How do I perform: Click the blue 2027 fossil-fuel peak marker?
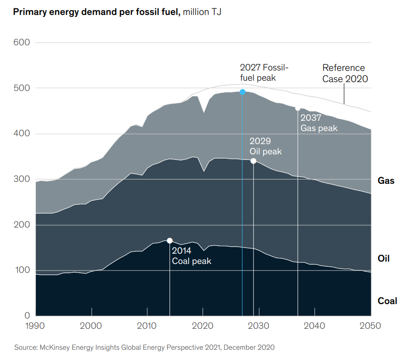pos(242,92)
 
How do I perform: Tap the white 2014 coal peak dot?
pos(170,241)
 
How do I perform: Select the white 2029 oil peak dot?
pos(253,161)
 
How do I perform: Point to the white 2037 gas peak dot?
pos(298,108)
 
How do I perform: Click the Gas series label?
pos(386,180)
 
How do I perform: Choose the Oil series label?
pos(383,258)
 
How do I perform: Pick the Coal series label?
pos(387,301)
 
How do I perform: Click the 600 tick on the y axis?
pos(20,42)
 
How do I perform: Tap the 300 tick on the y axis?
pos(20,179)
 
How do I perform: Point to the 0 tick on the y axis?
pos(27,316)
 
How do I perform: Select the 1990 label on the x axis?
pos(36,325)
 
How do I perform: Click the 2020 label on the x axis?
pos(203,325)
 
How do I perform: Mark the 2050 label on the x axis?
pos(371,325)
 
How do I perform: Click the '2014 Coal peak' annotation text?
pos(191,256)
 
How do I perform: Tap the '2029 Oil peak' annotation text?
pos(266,146)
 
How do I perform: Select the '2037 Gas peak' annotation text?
pos(319,123)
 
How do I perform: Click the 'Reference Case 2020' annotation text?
pos(345,73)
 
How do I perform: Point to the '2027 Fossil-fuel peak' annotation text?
pos(264,72)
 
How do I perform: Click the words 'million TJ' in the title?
pos(202,12)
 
